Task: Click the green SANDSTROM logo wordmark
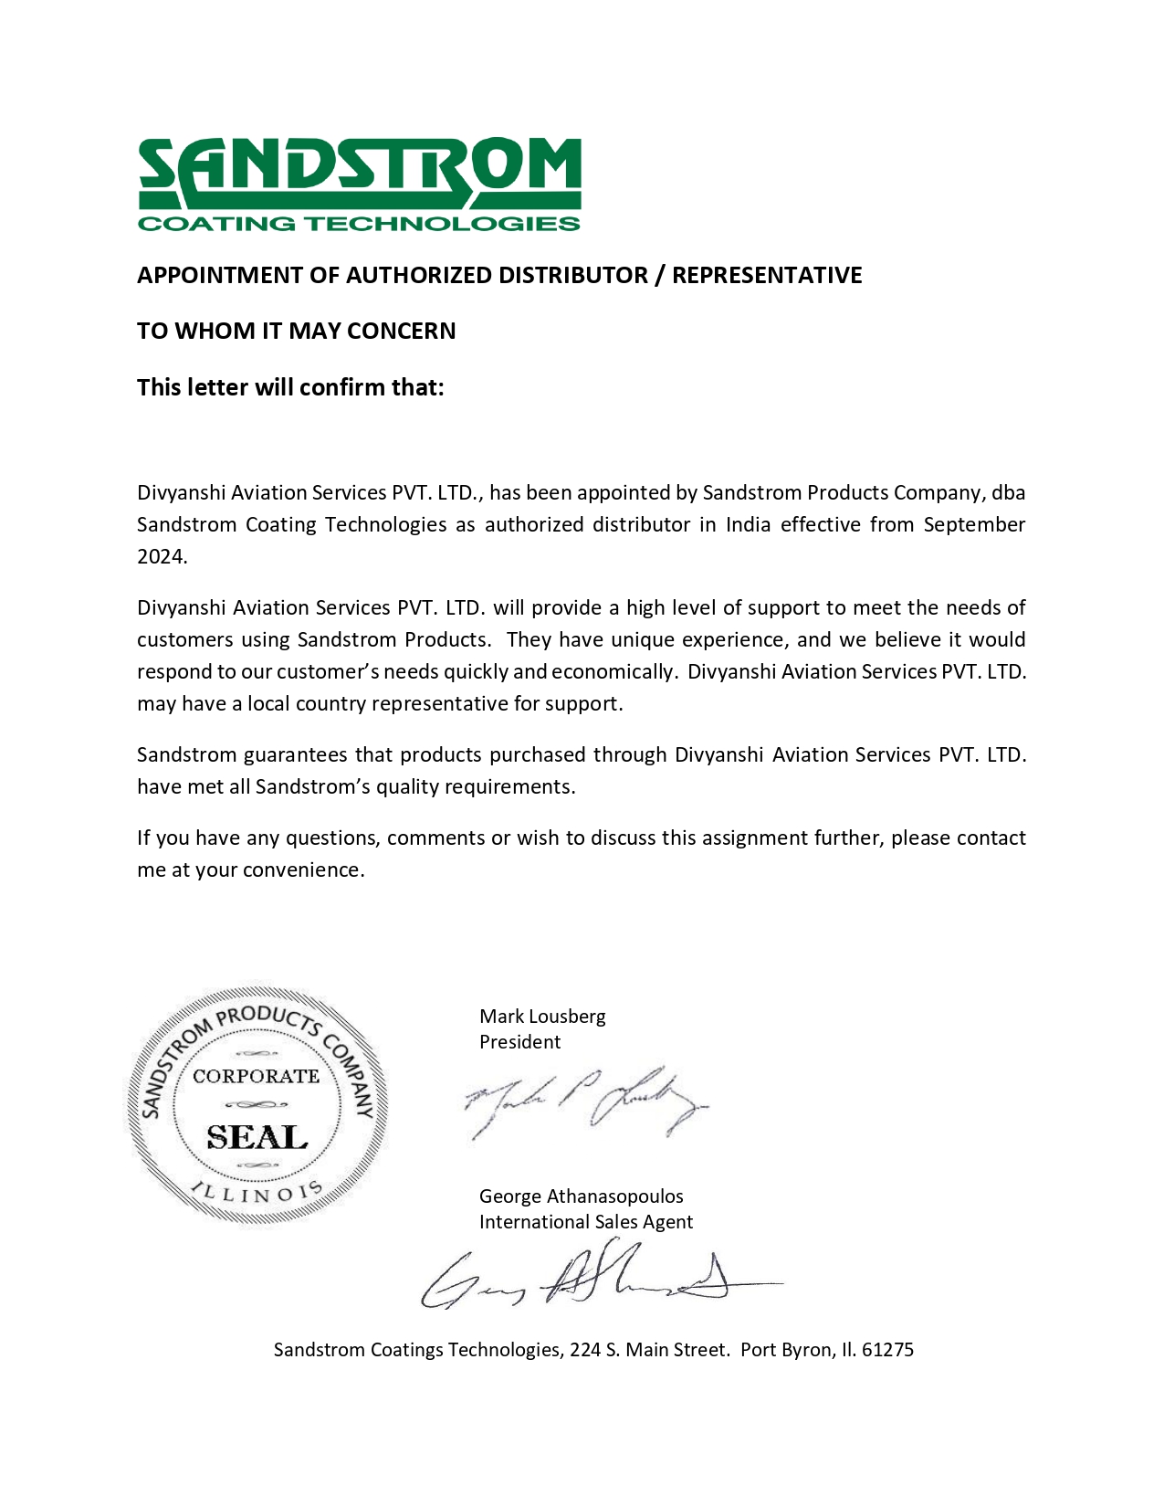click(x=359, y=173)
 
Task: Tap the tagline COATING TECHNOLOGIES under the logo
click(x=359, y=224)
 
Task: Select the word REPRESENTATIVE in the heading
click(x=767, y=276)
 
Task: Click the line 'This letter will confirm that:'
click(x=290, y=388)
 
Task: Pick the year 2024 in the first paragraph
click(x=161, y=557)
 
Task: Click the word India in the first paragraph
click(x=748, y=525)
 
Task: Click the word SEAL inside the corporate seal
click(x=257, y=1138)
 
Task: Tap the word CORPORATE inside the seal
click(x=256, y=1077)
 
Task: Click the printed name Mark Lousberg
click(x=542, y=1017)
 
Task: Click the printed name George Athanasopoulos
click(x=581, y=1196)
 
